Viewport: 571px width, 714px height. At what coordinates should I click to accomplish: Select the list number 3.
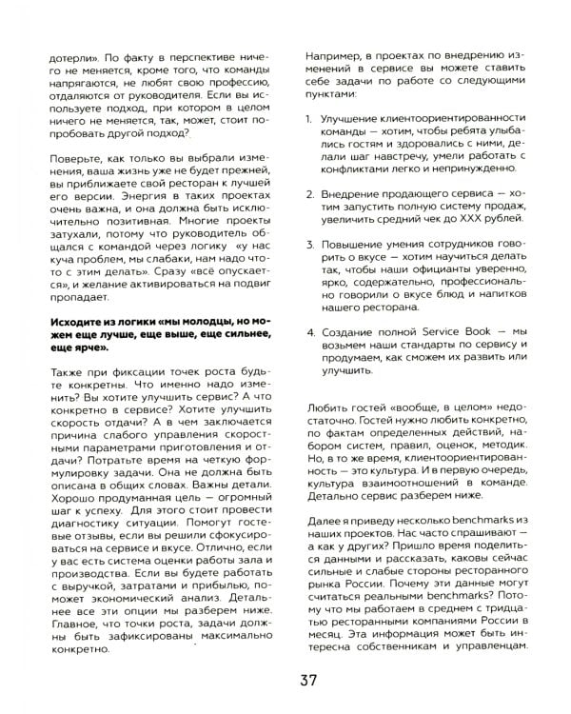[x=303, y=245]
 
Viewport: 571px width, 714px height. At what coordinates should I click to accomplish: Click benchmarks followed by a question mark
[x=382, y=594]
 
